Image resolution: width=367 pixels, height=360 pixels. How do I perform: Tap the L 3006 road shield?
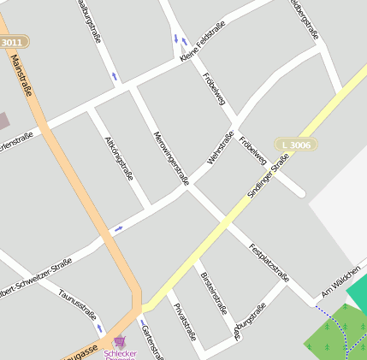296,145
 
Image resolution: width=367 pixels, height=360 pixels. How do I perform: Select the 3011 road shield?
13,42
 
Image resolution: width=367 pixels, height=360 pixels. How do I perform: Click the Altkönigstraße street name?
118,157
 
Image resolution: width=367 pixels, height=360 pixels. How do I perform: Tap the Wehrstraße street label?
221,148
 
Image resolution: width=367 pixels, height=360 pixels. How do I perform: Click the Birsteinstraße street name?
213,292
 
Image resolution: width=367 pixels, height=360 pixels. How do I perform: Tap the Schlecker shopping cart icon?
119,341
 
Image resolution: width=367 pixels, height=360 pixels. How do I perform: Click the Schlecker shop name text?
120,353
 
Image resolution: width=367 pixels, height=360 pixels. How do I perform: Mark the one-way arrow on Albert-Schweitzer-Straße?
118,228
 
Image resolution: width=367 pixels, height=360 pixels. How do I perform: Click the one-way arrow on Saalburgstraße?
114,77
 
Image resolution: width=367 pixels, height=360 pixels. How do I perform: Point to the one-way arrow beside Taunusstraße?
99,328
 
